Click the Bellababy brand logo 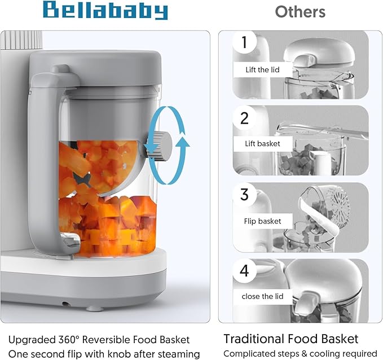105,11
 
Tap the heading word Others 300,11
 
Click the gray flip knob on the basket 159,146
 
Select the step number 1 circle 244,42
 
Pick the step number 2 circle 244,118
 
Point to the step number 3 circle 244,195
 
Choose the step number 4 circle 244,271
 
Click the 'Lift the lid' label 263,70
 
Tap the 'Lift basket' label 263,144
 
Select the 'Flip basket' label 263,221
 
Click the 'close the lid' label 263,296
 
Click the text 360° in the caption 69,339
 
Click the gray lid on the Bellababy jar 95,68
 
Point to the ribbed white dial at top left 21,40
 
